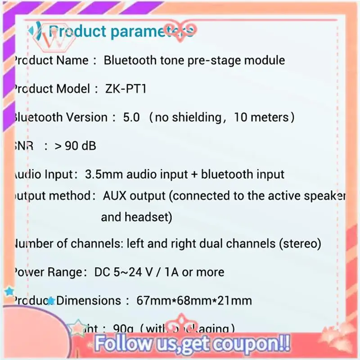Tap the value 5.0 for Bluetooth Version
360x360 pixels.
131,117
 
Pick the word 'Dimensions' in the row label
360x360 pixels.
89,300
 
